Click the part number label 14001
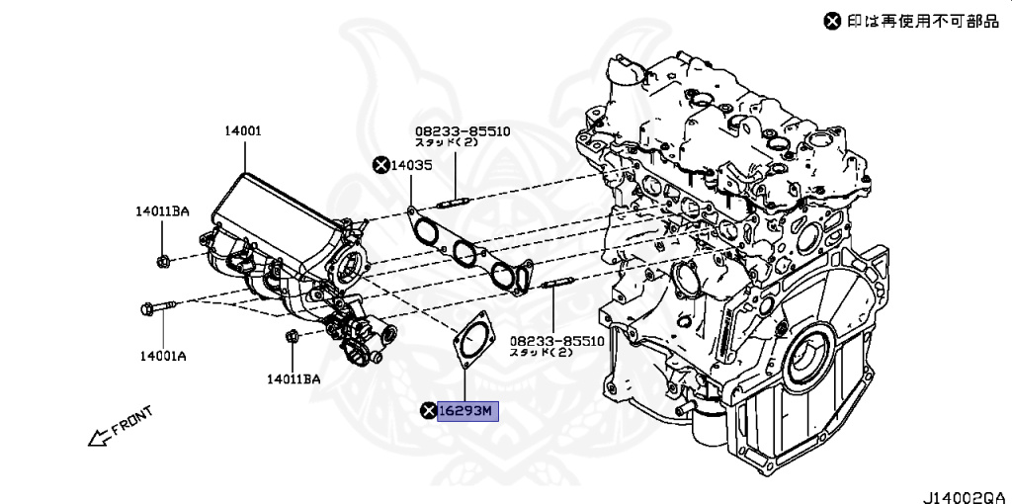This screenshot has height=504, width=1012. (x=242, y=130)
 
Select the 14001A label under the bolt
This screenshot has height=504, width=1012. (x=162, y=354)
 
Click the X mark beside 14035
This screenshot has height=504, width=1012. (x=380, y=165)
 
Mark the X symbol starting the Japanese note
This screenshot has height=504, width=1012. (x=833, y=20)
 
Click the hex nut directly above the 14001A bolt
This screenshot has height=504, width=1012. (x=163, y=261)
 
